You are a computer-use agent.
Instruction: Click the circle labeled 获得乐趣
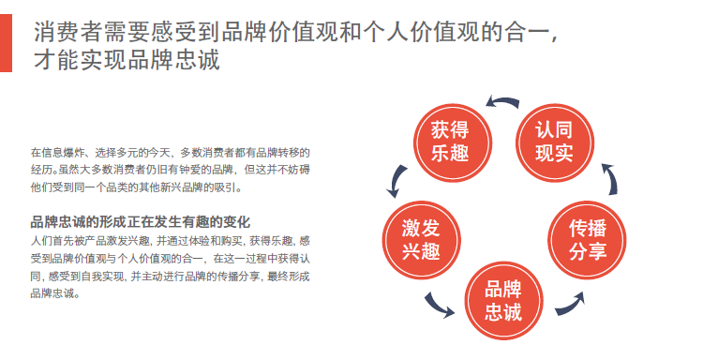coord(453,143)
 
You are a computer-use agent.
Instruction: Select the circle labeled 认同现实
coord(555,143)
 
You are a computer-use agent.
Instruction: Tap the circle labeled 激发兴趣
coord(422,240)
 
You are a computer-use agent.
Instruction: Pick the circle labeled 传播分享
coord(588,240)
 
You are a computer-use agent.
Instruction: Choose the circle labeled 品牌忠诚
coord(503,301)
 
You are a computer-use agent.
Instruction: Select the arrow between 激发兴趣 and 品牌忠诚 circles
coord(439,306)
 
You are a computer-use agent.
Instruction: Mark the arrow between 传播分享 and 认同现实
coord(611,178)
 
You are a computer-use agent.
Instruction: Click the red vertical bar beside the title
coord(6,43)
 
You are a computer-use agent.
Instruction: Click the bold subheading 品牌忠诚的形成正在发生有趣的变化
coord(141,222)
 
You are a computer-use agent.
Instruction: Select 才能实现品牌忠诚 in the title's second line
coord(127,60)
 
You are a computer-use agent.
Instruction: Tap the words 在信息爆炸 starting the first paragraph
coord(56,153)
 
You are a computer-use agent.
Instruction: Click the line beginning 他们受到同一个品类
coord(136,187)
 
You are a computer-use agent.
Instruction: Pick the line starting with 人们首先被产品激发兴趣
coord(170,241)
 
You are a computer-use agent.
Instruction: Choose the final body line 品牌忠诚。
coord(55,293)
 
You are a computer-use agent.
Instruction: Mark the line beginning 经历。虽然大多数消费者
coord(170,170)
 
